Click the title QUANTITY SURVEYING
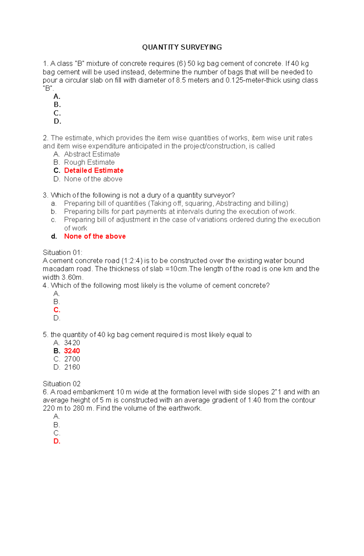point(182,47)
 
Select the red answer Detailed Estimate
point(94,171)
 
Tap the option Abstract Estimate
point(92,154)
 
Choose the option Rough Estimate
point(89,162)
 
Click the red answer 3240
point(72,351)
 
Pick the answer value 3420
point(72,343)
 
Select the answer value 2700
point(72,359)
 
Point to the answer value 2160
point(72,367)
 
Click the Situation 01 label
point(62,253)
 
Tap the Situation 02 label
point(62,384)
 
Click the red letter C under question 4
point(57,310)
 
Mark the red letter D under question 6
point(57,441)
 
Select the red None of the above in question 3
point(95,236)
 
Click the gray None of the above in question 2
point(93,179)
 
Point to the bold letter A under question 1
point(57,97)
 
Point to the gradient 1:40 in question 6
point(254,400)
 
